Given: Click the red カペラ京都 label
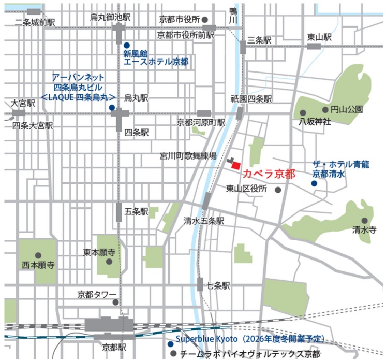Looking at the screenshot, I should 269,172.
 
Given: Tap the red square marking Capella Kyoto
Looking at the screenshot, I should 235,165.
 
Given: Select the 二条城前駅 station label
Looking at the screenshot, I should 35,22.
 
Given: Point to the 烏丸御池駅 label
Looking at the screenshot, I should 110,17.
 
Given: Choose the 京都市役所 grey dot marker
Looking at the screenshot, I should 205,19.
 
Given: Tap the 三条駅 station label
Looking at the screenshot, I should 259,39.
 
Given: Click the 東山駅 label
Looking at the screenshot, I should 319,37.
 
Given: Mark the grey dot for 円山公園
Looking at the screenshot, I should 325,109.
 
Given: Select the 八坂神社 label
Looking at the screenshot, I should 315,122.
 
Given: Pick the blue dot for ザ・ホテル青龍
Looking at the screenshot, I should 314,183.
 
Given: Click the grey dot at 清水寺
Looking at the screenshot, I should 364,220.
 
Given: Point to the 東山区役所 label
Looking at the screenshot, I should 247,189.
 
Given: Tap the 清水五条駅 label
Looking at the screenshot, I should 204,221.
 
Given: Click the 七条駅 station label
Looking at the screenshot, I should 218,285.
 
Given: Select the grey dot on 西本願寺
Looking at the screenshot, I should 38,255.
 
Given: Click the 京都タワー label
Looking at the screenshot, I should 97,294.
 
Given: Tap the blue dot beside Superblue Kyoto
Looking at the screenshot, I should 170,344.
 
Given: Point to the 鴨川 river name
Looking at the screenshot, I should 233,15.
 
